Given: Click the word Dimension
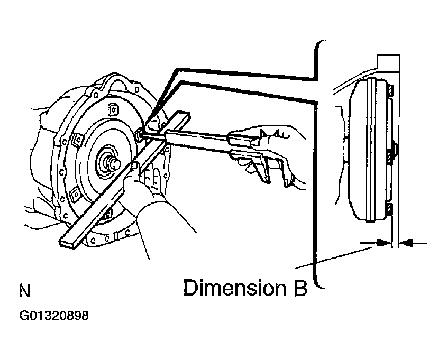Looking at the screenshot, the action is pos(234,288).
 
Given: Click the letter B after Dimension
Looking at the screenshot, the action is pos(299,288).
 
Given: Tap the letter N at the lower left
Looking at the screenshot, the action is pos(24,291).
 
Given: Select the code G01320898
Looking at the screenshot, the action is pos(54,316).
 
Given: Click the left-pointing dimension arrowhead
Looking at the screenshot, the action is pos(406,243).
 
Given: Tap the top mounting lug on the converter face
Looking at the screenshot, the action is pos(113,109).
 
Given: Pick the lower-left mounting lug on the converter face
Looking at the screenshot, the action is pos(76,195).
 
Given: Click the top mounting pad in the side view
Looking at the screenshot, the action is pos(390,90).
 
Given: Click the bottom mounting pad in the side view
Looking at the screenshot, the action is pos(389,209).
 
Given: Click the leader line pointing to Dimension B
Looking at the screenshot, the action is pos(334,258).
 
